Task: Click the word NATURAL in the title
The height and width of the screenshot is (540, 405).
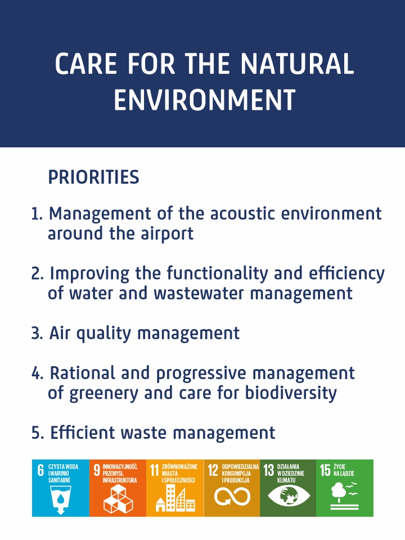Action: (x=297, y=64)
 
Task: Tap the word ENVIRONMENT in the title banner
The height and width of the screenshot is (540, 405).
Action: (x=205, y=100)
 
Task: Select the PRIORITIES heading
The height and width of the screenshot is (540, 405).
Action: (x=94, y=177)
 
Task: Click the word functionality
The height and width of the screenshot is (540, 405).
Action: (x=217, y=274)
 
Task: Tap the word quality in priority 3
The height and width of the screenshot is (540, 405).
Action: (x=103, y=334)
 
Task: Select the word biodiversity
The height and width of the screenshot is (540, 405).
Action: (x=291, y=393)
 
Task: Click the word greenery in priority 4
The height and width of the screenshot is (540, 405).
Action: (x=103, y=394)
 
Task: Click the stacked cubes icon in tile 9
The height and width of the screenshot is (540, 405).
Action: (x=118, y=498)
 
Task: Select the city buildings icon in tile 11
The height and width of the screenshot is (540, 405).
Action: (x=175, y=498)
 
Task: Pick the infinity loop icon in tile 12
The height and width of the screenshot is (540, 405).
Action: (x=232, y=497)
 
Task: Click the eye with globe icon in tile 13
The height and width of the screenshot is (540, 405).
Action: (x=289, y=496)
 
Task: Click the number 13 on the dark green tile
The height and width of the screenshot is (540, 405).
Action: (x=269, y=470)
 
